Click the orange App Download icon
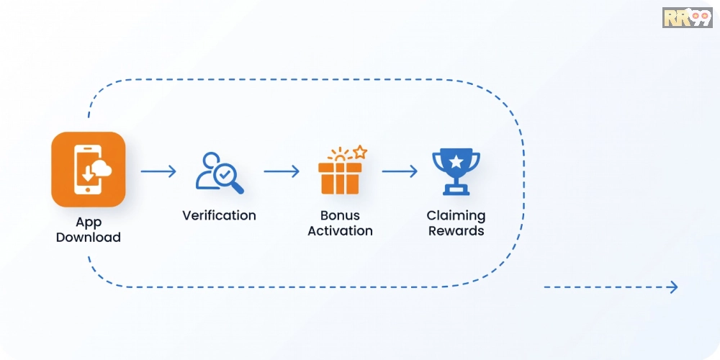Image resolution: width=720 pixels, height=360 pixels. click(88, 169)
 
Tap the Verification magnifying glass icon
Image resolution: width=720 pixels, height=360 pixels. click(220, 173)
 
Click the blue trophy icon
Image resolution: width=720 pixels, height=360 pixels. click(456, 171)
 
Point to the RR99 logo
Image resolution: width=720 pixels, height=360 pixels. click(687, 17)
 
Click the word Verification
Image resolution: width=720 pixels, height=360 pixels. click(219, 215)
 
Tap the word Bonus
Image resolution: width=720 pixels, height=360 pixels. click(340, 215)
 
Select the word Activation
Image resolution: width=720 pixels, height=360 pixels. click(340, 230)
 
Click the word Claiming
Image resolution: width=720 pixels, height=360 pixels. click(456, 216)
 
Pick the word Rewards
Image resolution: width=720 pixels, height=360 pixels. click(456, 230)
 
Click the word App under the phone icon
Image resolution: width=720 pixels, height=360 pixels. click(88, 223)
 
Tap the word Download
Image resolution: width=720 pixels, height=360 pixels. click(88, 238)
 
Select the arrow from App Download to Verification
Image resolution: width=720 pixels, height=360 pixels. click(158, 171)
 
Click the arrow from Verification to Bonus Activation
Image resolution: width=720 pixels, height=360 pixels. click(282, 171)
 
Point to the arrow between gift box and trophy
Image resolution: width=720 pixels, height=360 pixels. click(400, 171)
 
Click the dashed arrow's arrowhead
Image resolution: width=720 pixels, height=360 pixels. click(674, 287)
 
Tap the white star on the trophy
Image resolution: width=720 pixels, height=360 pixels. click(456, 161)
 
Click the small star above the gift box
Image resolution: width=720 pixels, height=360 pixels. click(361, 151)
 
